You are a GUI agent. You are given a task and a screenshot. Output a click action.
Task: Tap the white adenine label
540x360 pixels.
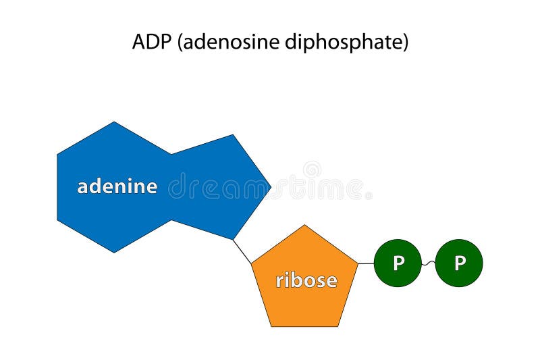pyautogui.click(x=117, y=186)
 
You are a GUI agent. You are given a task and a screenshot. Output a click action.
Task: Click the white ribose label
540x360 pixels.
pyautogui.click(x=306, y=280)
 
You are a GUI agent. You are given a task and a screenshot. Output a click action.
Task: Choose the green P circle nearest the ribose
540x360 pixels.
pyautogui.click(x=398, y=263)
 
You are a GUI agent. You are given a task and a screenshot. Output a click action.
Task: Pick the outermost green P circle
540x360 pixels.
pyautogui.click(x=459, y=263)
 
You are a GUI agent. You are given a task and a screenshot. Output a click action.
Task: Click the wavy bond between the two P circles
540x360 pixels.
pyautogui.click(x=429, y=263)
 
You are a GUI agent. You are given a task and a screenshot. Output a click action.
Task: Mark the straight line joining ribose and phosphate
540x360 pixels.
pyautogui.click(x=366, y=263)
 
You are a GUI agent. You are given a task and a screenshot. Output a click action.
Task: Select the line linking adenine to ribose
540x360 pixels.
pyautogui.click(x=242, y=251)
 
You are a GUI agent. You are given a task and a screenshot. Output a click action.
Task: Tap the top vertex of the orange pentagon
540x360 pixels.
pyautogui.click(x=305, y=226)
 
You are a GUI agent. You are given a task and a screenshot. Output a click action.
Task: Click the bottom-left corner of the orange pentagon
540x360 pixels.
pyautogui.click(x=271, y=326)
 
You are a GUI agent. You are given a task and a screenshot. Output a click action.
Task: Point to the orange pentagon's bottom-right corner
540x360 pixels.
pyautogui.click(x=339, y=326)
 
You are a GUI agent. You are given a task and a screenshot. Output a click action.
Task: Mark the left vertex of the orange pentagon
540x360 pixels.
pyautogui.click(x=252, y=263)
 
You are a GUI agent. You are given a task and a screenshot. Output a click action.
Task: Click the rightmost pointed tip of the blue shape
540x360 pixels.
pyautogui.click(x=271, y=184)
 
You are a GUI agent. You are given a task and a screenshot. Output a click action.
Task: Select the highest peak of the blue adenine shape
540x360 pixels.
pyautogui.click(x=114, y=122)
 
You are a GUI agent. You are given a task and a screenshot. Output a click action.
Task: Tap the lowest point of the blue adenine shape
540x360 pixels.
pyautogui.click(x=114, y=252)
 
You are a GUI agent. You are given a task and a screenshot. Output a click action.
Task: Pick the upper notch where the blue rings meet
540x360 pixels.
pyautogui.click(x=171, y=154)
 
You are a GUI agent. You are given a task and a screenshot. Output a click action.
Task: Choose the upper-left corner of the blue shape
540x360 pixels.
pyautogui.click(x=58, y=154)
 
